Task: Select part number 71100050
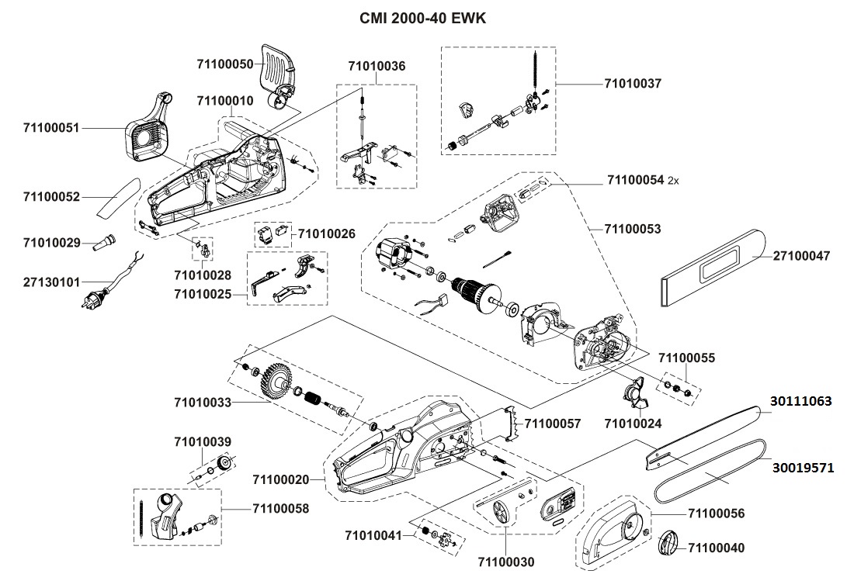[x=224, y=64]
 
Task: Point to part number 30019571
[x=801, y=468]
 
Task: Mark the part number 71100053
[x=633, y=229]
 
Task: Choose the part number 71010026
[x=327, y=233]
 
